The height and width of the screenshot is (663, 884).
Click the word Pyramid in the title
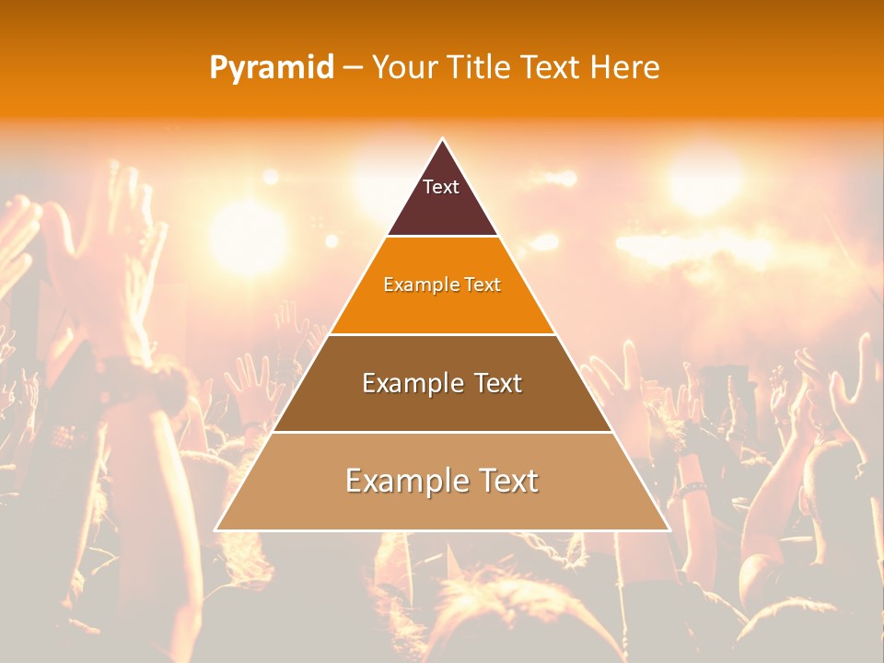272,68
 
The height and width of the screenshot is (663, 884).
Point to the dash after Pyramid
353,68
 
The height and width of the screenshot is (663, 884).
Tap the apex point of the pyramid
442,139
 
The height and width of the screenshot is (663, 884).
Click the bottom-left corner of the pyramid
216,529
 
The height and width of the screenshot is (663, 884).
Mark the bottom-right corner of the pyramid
668,529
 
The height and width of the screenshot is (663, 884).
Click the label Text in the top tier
441,187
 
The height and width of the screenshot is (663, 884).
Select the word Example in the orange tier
415,285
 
